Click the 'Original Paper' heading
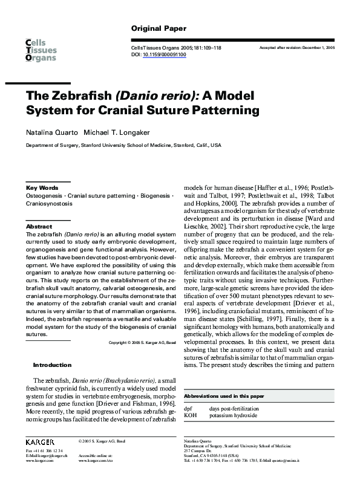(159, 28)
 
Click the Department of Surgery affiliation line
(123, 146)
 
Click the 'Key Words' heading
(42, 188)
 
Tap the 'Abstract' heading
(39, 227)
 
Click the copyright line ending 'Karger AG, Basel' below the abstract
(142, 343)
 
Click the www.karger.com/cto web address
(97, 460)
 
